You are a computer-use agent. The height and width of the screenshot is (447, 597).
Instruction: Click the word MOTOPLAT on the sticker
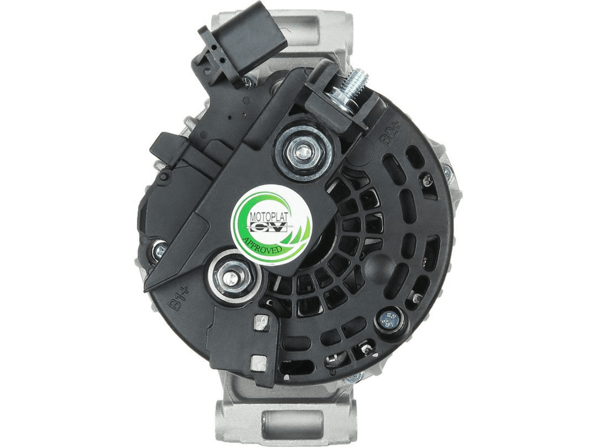pyautogui.click(x=269, y=217)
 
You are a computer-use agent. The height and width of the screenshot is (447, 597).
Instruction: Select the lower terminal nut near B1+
pyautogui.click(x=230, y=278)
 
